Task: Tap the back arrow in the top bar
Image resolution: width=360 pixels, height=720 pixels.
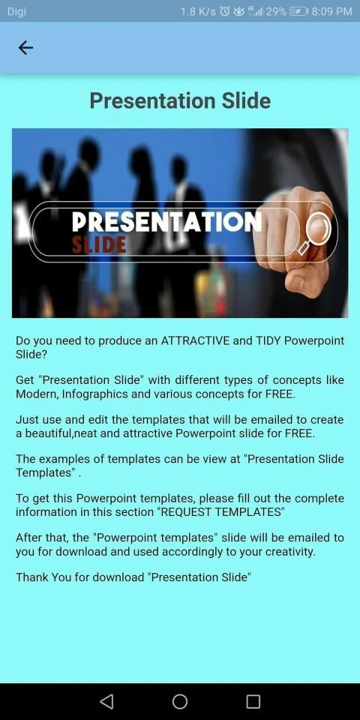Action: (x=25, y=47)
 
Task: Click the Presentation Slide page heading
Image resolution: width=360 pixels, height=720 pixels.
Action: (x=180, y=100)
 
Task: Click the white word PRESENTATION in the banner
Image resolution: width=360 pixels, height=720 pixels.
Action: (x=166, y=222)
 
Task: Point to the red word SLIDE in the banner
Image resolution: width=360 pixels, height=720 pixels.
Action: (x=99, y=244)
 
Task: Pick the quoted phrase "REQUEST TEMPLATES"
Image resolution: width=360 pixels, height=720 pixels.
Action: (x=221, y=512)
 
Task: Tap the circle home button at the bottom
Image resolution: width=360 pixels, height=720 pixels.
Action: (x=180, y=701)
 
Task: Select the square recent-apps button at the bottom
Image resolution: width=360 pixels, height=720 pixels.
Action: (x=253, y=701)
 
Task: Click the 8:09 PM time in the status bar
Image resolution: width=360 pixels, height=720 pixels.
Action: (x=331, y=11)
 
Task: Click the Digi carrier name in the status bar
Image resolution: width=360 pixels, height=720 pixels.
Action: (x=17, y=11)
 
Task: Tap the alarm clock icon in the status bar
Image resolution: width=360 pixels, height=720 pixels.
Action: (x=224, y=11)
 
